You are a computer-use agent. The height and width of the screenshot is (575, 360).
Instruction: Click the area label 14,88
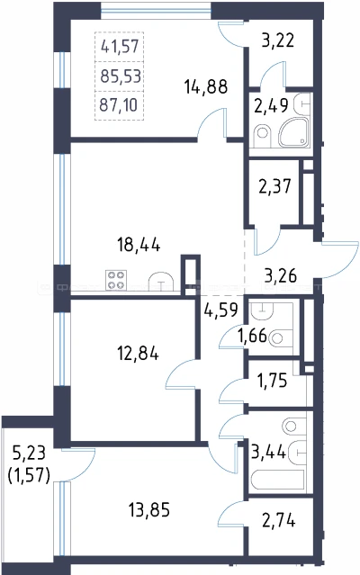pyautogui.click(x=206, y=87)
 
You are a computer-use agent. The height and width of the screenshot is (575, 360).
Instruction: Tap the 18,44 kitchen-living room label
pyautogui.click(x=139, y=245)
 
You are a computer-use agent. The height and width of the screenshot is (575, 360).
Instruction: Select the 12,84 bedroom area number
pyautogui.click(x=138, y=354)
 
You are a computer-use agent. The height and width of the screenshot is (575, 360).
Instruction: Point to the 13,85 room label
pyautogui.click(x=149, y=509)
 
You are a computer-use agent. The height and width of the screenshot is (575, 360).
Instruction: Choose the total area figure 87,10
pyautogui.click(x=119, y=105)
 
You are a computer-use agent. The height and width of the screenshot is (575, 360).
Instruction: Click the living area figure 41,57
pyautogui.click(x=120, y=47)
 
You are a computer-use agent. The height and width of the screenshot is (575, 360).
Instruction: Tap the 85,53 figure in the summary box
pyautogui.click(x=121, y=76)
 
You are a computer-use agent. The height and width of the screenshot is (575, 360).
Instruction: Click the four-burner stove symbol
pyautogui.click(x=116, y=280)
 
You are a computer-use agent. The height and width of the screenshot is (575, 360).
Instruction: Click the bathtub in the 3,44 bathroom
pyautogui.click(x=277, y=480)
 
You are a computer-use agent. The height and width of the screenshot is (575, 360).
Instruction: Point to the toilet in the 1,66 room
pyautogui.click(x=280, y=337)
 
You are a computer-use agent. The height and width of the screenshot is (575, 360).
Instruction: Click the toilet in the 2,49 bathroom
pyautogui.click(x=262, y=133)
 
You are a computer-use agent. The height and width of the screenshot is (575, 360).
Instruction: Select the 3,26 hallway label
pyautogui.click(x=281, y=275)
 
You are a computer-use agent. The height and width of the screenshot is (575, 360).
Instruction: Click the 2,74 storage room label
pyautogui.click(x=279, y=520)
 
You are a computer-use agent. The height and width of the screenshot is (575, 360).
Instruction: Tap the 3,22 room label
pyautogui.click(x=278, y=40)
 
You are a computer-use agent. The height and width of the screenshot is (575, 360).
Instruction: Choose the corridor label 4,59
pyautogui.click(x=221, y=310)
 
